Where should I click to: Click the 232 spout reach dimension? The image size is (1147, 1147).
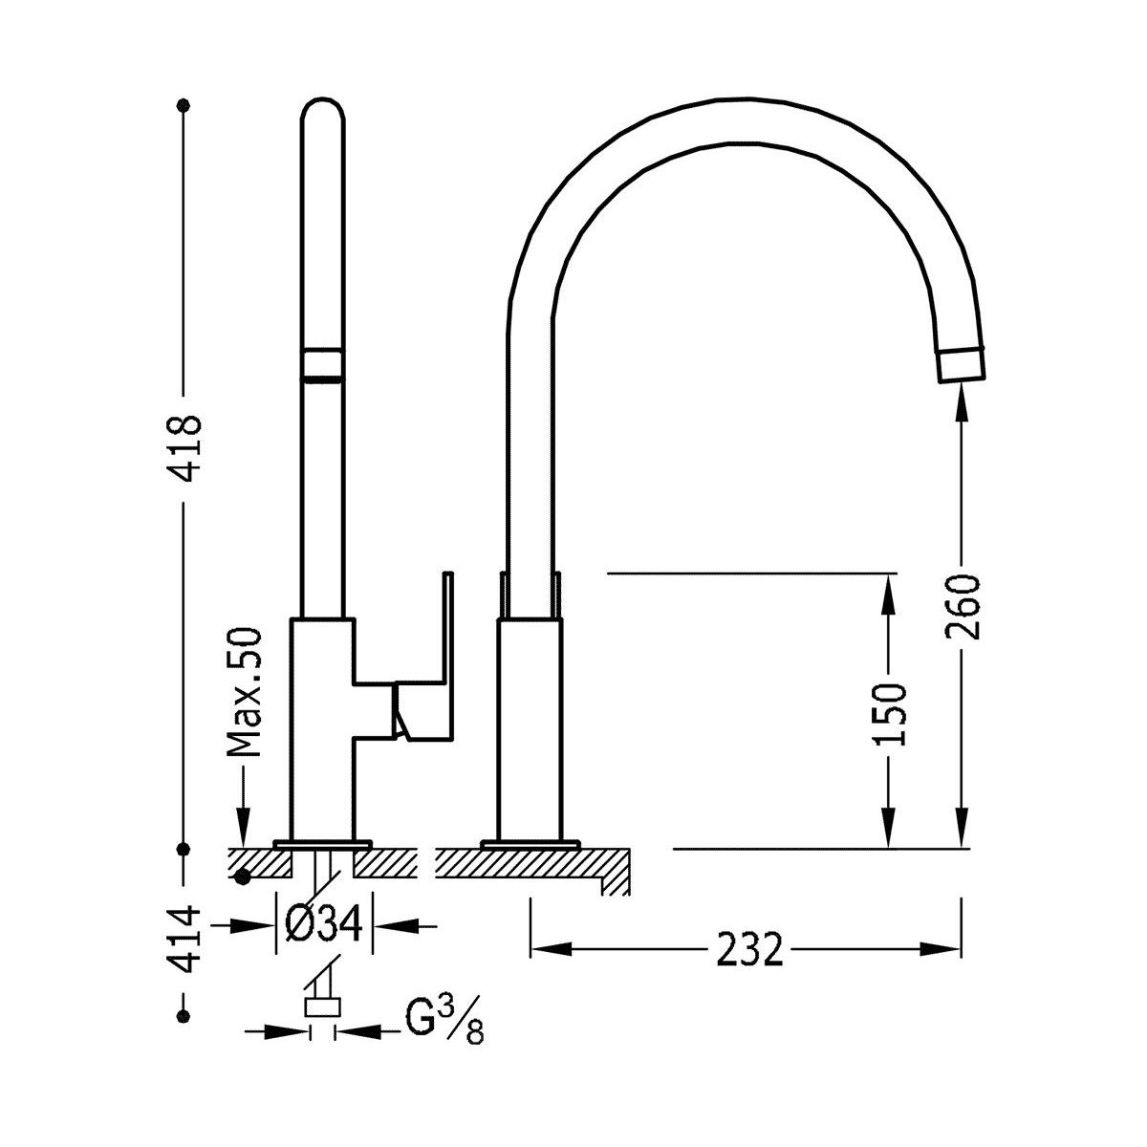tap(749, 949)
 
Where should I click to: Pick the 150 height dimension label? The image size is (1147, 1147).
tap(889, 714)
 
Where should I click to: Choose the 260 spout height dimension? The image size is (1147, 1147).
tap(962, 607)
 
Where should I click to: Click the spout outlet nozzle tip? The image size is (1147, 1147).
tap(962, 364)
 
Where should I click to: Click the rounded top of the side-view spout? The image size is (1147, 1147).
tap(323, 113)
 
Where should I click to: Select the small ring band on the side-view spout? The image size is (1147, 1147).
tap(323, 363)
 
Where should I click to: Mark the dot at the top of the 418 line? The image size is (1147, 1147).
tap(184, 105)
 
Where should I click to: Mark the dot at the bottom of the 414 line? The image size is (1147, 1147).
tap(184, 1015)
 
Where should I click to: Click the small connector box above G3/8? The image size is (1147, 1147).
tap(323, 1007)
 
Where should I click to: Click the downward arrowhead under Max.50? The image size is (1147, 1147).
tap(244, 828)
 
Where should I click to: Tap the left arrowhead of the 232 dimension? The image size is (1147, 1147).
tap(551, 949)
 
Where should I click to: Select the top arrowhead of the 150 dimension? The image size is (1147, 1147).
tap(888, 594)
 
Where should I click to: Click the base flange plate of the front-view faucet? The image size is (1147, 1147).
tap(530, 843)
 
